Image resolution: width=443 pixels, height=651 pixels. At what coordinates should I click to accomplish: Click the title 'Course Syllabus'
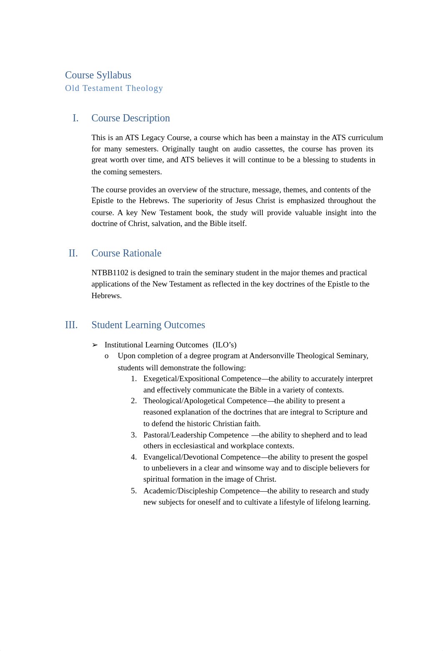pyautogui.click(x=98, y=75)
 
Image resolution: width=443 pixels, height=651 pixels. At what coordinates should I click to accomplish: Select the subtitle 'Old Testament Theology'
pyautogui.click(x=114, y=88)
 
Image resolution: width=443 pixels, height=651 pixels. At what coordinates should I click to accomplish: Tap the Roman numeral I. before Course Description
pyautogui.click(x=76, y=118)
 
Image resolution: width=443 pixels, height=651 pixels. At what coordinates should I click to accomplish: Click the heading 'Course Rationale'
pyautogui.click(x=126, y=254)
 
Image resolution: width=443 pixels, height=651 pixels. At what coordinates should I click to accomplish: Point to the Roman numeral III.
pyautogui.click(x=71, y=325)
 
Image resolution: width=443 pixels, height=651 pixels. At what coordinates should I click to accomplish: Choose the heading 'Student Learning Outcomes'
pyautogui.click(x=148, y=325)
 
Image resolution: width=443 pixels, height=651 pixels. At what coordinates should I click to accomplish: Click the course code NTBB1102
pyautogui.click(x=110, y=273)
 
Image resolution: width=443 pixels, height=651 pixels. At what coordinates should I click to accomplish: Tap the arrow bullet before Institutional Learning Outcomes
pyautogui.click(x=95, y=345)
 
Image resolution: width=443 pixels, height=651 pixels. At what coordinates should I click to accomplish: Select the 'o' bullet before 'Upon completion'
pyautogui.click(x=107, y=356)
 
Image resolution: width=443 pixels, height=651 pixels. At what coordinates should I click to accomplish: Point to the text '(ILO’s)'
pyautogui.click(x=224, y=345)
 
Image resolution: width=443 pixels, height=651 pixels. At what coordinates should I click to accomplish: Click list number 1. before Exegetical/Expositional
pyautogui.click(x=134, y=379)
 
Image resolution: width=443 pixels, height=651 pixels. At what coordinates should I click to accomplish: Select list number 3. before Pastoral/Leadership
pyautogui.click(x=134, y=435)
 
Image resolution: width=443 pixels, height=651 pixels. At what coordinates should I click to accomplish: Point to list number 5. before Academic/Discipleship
pyautogui.click(x=134, y=491)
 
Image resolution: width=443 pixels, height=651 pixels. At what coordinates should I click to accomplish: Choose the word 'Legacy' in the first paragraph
pyautogui.click(x=153, y=138)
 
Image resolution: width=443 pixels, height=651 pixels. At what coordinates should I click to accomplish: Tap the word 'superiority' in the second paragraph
pyautogui.click(x=206, y=201)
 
